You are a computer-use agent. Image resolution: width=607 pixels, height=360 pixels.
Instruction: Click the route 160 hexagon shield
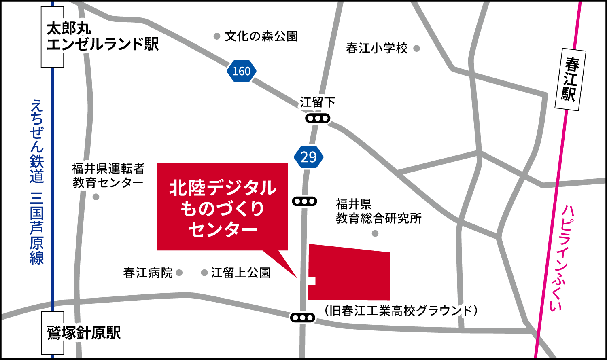tap(242, 71)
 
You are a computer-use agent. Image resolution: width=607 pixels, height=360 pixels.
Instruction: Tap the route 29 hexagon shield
tap(309, 157)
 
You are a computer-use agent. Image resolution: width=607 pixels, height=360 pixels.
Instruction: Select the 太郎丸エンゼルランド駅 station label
tap(103, 37)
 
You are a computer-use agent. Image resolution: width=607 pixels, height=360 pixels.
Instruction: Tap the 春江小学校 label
tap(376, 49)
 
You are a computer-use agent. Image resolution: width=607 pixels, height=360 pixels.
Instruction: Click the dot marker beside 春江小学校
tap(416, 49)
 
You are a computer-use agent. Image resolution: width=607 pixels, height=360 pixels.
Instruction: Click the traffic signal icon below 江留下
tap(318, 119)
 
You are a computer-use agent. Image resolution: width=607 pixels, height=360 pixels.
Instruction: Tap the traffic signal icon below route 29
tap(305, 201)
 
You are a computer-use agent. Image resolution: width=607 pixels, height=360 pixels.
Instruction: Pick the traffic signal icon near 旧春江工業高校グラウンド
tap(303, 318)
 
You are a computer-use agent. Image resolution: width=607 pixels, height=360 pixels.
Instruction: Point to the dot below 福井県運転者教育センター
tap(96, 197)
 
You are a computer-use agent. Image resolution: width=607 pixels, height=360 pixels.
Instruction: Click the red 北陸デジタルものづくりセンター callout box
tap(222, 207)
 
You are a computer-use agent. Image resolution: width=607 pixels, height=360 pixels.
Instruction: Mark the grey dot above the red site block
tap(375, 233)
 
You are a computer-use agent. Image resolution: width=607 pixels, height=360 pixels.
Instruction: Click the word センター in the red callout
tap(223, 230)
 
